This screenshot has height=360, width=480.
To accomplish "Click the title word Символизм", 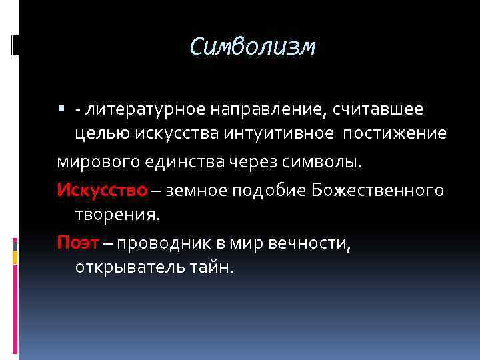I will [x=252, y=47].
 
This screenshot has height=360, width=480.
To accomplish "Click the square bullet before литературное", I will [x=61, y=108].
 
